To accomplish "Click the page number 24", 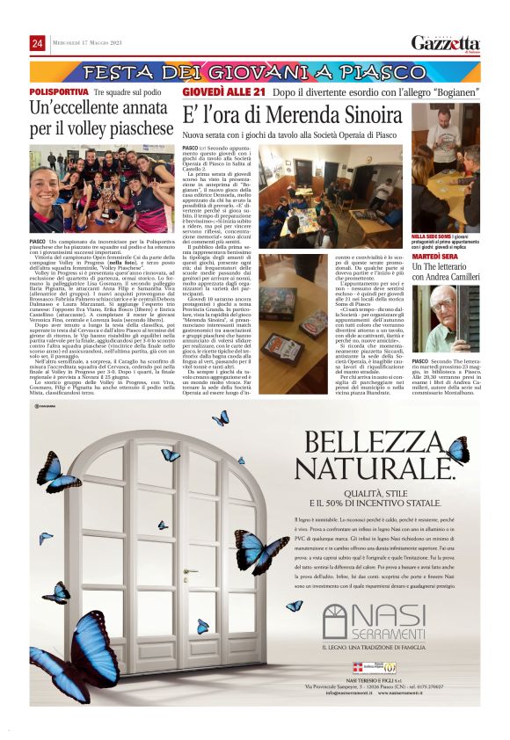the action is click(x=38, y=44).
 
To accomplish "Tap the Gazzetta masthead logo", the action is click(x=447, y=44).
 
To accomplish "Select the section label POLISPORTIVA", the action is click(x=59, y=91).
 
